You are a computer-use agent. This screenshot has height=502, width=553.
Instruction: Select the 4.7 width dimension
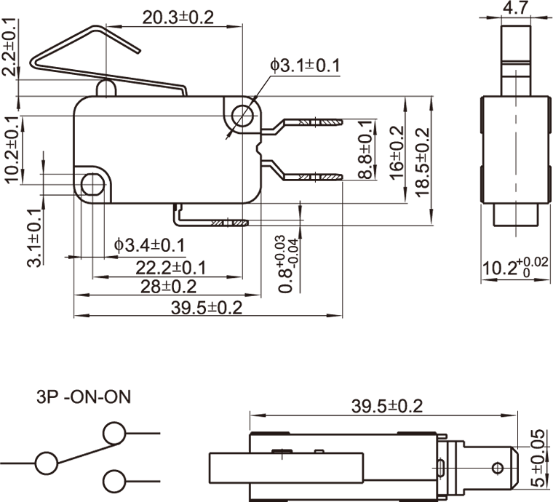coord(515,8)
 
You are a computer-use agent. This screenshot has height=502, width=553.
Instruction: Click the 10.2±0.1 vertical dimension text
coord(11,148)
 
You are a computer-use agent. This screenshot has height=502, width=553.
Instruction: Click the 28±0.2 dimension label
coord(169,287)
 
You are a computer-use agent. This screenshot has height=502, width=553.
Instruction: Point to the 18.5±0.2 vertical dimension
coord(423,160)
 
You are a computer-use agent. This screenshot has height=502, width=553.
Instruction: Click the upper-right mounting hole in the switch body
coord(243,115)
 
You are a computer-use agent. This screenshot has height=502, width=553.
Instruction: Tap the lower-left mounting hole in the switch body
coord(92,184)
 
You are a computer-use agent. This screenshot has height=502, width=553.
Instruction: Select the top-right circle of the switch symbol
coord(114,433)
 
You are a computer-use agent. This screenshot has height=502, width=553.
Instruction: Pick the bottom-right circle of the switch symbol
coord(114,481)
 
